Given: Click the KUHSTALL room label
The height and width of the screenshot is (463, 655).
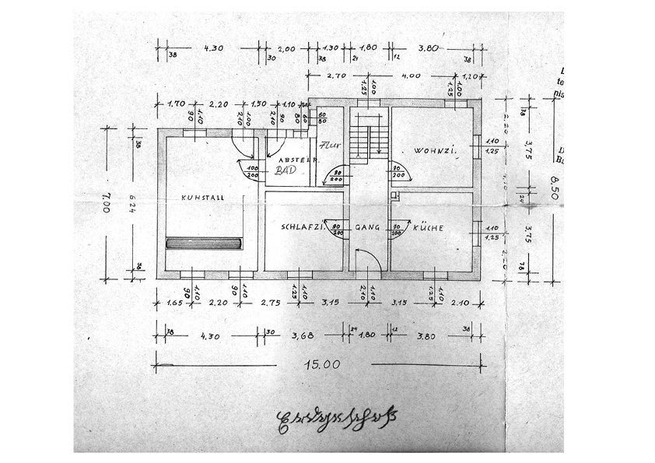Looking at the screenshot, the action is click(x=203, y=198).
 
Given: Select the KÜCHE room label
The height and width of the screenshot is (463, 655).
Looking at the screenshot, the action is click(x=429, y=228).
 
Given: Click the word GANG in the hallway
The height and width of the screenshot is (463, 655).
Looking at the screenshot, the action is click(x=366, y=228).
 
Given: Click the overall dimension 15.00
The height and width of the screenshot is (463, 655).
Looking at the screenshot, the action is click(x=322, y=363).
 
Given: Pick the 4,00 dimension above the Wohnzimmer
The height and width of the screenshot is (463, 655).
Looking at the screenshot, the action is click(x=411, y=76).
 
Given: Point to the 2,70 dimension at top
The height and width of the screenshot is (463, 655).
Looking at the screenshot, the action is click(x=336, y=76).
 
